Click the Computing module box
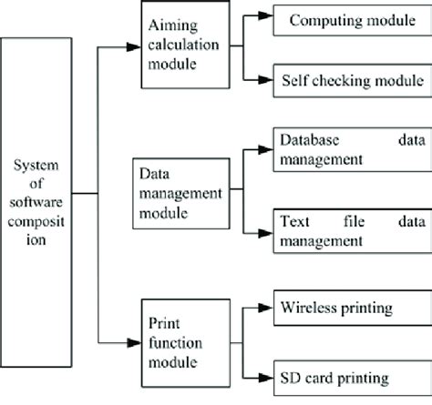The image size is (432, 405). point(349,21)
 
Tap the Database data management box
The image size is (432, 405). point(349,150)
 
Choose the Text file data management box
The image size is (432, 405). point(349,229)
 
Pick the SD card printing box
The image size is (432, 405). point(349,374)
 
